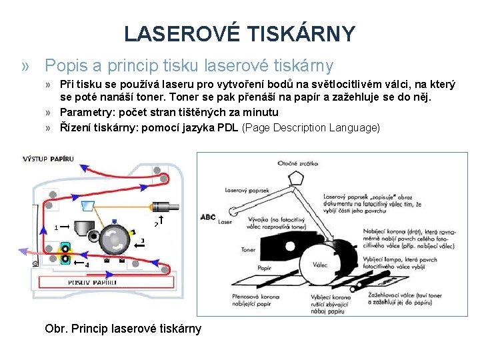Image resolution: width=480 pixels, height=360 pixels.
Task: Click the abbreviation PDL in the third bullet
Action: (229, 127)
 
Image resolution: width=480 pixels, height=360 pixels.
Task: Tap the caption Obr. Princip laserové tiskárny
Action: (123, 329)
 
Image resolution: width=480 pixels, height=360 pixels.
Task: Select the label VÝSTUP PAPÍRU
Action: (48, 159)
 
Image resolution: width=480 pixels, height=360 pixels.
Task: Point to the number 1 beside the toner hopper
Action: (56, 227)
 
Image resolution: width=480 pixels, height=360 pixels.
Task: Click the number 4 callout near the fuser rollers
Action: (86, 265)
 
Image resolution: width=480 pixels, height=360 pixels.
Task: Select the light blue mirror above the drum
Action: (85, 203)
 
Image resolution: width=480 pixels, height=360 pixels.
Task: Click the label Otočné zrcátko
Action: (299, 163)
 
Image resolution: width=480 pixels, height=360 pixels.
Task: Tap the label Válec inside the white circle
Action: (320, 264)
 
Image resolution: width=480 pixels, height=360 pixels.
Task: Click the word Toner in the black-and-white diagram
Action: (248, 249)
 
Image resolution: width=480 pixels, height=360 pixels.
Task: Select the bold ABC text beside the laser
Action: (208, 217)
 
